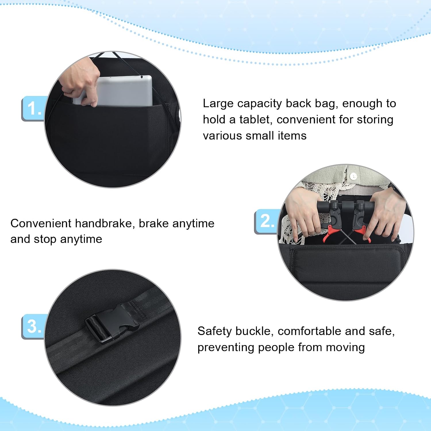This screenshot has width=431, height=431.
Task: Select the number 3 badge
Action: (x=33, y=326)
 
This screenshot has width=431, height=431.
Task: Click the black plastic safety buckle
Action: (x=111, y=322)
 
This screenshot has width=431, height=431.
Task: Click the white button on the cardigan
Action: (x=353, y=176)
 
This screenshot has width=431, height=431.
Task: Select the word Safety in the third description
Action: (x=214, y=332)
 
